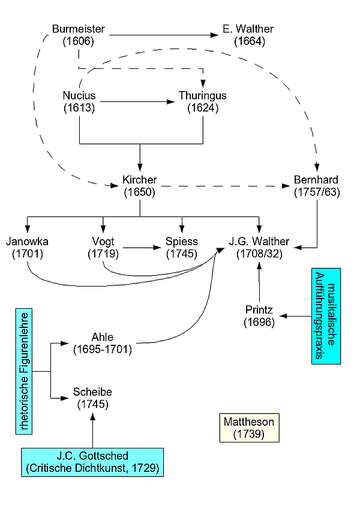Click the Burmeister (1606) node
(x=79, y=35)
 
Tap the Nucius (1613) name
(x=79, y=102)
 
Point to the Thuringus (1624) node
(x=203, y=102)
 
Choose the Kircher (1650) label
(x=139, y=186)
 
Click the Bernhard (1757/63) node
(x=316, y=186)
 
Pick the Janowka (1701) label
(x=27, y=248)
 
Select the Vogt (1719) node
(x=103, y=248)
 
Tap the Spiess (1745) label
(x=182, y=248)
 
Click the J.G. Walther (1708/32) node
(x=259, y=248)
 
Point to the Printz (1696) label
(x=259, y=316)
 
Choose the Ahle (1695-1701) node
(x=103, y=343)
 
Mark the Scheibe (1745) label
(x=92, y=397)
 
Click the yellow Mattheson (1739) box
(x=249, y=428)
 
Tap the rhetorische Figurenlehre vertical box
(x=24, y=372)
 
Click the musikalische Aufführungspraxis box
(x=326, y=315)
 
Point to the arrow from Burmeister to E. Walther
(x=162, y=35)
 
